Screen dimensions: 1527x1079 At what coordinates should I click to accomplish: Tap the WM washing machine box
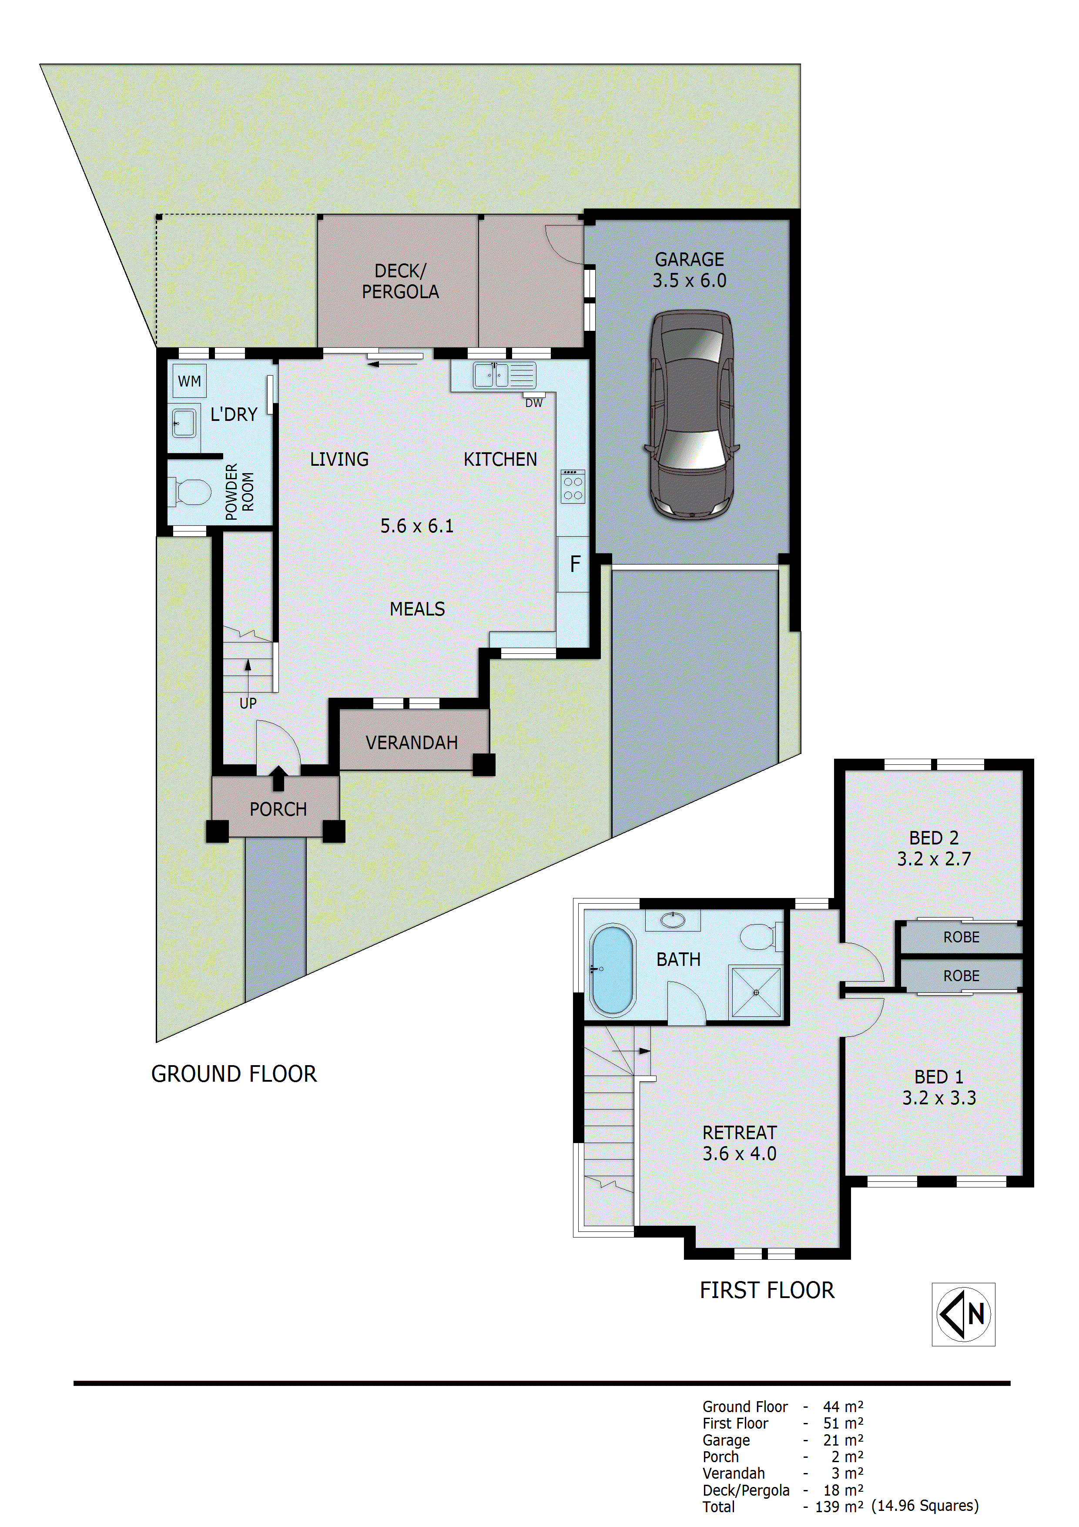point(189,381)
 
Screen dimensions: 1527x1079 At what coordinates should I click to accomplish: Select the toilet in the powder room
point(191,492)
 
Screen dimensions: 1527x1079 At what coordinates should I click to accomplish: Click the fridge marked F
point(574,565)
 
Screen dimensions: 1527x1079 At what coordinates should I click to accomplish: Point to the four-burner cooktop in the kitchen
point(573,487)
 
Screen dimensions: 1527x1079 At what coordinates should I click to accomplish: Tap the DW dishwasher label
point(534,403)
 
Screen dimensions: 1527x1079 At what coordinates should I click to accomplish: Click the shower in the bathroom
point(756,992)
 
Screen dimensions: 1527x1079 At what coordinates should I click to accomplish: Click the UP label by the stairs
point(248,703)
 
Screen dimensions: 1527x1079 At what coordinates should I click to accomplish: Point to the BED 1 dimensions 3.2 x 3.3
point(939,1098)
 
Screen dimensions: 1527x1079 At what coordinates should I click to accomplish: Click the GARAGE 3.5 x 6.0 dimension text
point(690,281)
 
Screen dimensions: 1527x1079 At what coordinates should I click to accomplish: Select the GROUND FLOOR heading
point(234,1074)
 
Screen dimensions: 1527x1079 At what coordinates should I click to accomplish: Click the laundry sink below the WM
point(184,422)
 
